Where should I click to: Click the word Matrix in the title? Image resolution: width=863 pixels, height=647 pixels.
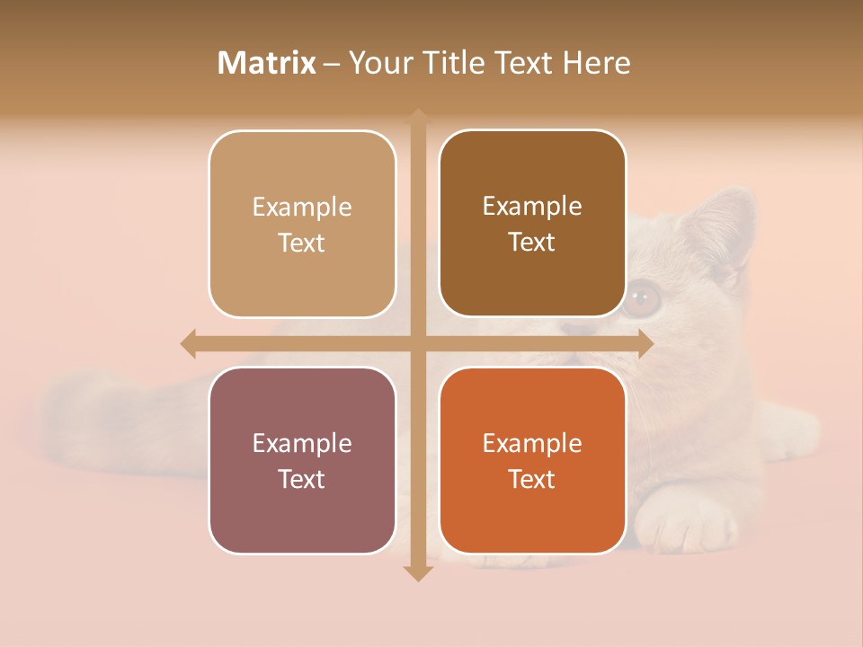pyautogui.click(x=266, y=63)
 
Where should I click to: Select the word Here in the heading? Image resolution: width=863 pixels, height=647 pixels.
pyautogui.click(x=596, y=63)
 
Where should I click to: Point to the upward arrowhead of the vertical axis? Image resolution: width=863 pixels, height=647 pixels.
pyautogui.click(x=417, y=116)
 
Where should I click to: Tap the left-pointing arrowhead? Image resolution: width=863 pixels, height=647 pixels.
pyautogui.click(x=188, y=343)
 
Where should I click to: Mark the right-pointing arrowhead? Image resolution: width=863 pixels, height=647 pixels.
pyautogui.click(x=645, y=343)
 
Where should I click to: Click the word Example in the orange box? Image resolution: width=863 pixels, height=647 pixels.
pyautogui.click(x=532, y=443)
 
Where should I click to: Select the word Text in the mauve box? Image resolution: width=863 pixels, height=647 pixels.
pyautogui.click(x=301, y=479)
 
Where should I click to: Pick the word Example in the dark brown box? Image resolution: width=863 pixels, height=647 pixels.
pyautogui.click(x=532, y=206)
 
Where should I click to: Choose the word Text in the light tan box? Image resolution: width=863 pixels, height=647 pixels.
pyautogui.click(x=301, y=243)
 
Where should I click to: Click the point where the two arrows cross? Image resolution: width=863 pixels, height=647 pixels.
pyautogui.click(x=417, y=343)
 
